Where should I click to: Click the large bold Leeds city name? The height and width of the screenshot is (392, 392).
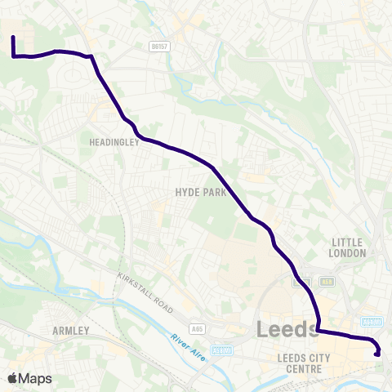tap(288, 329)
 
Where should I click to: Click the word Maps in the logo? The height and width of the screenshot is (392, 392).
tap(35, 379)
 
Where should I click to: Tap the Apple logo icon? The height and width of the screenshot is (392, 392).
tap(12, 378)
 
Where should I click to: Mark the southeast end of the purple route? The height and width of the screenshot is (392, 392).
tap(376, 354)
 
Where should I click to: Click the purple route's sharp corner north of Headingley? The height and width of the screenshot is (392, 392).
tap(91, 56)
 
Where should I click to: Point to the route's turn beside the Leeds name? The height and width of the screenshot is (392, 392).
tap(318, 330)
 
